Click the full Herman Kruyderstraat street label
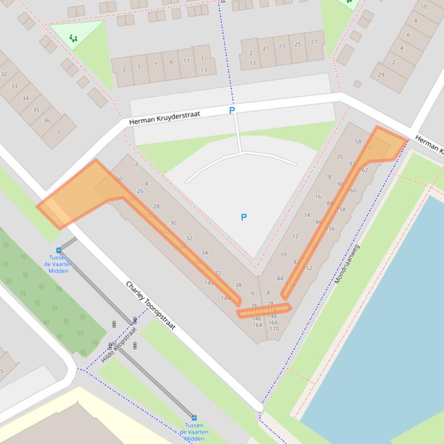coord(164,118)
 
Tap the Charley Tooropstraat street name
coord(150,306)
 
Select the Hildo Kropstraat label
coord(119,345)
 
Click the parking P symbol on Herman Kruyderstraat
coord(232,110)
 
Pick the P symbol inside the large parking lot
coord(243,217)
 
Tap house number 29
coord(381,74)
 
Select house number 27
coord(314,42)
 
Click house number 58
coord(358,141)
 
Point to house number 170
coord(274,329)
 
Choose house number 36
coord(47,121)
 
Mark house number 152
coord(307,268)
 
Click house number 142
coord(209,283)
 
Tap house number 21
coord(266,48)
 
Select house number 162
coord(363,170)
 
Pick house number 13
coord(204,70)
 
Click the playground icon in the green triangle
coord(73,38)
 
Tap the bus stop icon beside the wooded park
coord(59,250)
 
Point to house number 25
coord(298,44)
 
